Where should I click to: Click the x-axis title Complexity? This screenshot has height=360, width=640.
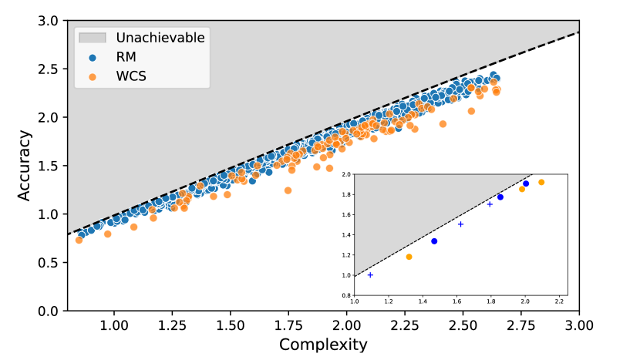323,344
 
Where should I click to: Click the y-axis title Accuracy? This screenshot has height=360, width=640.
25,166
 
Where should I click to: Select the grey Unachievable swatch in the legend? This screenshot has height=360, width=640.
93,37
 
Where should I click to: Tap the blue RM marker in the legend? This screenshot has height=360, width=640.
93,56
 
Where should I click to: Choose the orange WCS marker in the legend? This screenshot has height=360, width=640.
93,76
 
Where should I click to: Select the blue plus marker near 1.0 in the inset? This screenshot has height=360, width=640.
370,275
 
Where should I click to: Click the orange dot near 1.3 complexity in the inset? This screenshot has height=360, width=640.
409,257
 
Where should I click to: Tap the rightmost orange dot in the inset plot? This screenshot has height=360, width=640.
541,182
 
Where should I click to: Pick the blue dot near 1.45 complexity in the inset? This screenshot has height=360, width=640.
434,241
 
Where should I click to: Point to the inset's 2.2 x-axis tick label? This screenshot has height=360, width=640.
559,302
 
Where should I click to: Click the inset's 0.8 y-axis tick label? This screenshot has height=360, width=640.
345,295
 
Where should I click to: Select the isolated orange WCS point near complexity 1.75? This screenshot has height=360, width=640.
288,190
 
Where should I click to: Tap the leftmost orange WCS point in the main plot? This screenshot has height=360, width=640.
79,240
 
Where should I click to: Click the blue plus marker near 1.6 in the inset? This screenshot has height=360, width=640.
460,224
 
